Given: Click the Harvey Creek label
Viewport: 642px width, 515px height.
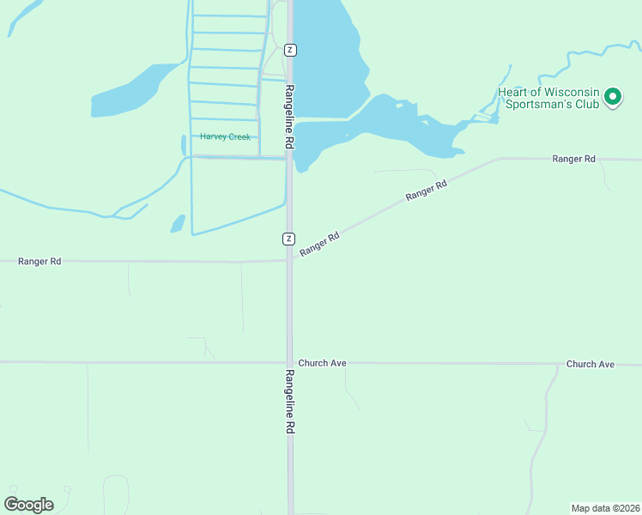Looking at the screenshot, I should tap(225, 136).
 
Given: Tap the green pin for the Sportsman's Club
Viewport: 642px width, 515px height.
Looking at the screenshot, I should tap(612, 97).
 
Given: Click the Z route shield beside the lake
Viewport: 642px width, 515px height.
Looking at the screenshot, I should tap(290, 50).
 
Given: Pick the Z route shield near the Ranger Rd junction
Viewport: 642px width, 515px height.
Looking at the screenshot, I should tap(290, 238).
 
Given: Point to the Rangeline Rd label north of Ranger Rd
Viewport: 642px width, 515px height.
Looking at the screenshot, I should tap(290, 117).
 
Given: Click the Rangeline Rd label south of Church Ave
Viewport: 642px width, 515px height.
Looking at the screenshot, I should tap(290, 402).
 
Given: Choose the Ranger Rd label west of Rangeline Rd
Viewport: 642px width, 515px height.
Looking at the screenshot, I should tap(39, 261).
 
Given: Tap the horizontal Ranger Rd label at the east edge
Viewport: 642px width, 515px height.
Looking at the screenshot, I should tap(573, 159).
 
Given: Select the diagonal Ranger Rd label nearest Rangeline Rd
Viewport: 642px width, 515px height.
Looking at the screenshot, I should tap(320, 241).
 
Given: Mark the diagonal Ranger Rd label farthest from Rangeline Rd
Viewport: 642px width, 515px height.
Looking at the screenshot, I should tap(427, 190).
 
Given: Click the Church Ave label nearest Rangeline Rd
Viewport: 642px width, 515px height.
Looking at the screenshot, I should tap(322, 363).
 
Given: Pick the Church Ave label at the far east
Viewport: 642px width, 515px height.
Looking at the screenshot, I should tap(591, 364).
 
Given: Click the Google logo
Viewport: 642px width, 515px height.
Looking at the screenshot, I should tap(28, 504).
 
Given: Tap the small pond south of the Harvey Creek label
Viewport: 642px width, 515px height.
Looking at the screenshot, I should tap(178, 225).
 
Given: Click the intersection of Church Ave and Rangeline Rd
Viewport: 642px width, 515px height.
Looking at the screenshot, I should tap(290, 362).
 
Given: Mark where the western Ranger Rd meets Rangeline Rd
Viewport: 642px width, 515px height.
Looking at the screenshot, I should tap(290, 261).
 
